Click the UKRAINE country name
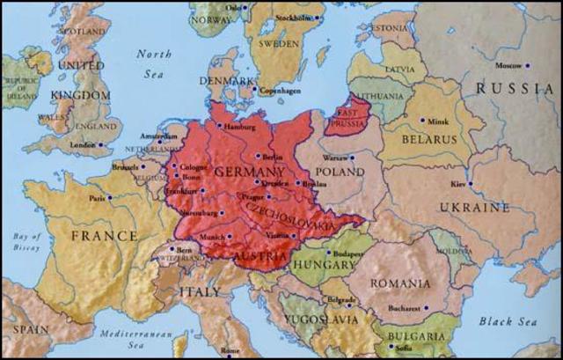click(x=475, y=208)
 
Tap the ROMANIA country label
click(x=400, y=283)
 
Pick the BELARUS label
click(x=430, y=139)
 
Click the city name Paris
click(x=98, y=198)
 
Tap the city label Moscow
click(x=508, y=66)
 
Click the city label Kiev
click(x=457, y=184)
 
